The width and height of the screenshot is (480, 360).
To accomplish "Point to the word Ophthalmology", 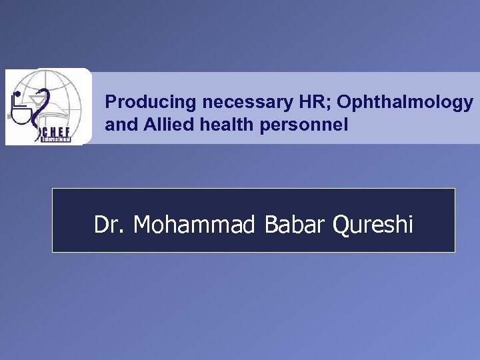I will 405,103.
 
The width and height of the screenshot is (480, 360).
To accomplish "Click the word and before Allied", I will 119,125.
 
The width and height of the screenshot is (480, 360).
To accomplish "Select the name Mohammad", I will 194,225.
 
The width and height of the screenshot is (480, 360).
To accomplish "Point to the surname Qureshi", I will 373,225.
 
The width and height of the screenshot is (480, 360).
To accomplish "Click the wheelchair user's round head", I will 17,95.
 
